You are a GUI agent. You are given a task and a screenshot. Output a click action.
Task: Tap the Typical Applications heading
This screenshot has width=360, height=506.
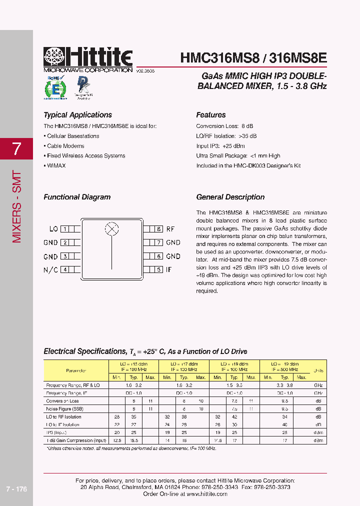(77, 115)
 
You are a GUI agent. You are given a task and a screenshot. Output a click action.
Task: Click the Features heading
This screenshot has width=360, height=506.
(210, 115)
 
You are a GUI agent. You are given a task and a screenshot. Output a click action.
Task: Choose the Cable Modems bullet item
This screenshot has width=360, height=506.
(65, 146)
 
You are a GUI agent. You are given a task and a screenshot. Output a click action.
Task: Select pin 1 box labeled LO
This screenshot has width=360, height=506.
(64, 229)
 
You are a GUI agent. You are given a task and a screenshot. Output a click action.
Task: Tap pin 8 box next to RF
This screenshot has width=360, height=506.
(158, 229)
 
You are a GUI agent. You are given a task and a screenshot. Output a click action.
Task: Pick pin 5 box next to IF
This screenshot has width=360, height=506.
(158, 269)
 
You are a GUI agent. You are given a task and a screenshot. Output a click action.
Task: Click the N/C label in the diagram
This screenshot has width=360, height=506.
(50, 269)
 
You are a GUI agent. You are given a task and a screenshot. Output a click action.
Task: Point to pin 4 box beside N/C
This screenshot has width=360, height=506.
(64, 269)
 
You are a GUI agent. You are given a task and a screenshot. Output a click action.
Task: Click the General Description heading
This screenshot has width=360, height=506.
(230, 197)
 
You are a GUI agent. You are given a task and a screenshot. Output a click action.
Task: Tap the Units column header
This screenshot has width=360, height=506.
(318, 370)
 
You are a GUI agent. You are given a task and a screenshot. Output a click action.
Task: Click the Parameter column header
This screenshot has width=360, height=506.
(76, 370)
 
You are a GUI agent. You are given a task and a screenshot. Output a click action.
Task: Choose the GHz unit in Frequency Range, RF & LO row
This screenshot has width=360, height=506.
(318, 385)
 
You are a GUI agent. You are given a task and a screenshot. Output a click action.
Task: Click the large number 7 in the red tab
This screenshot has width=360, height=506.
(16, 148)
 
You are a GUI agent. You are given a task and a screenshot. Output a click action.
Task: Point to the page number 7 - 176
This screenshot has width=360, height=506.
(17, 489)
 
